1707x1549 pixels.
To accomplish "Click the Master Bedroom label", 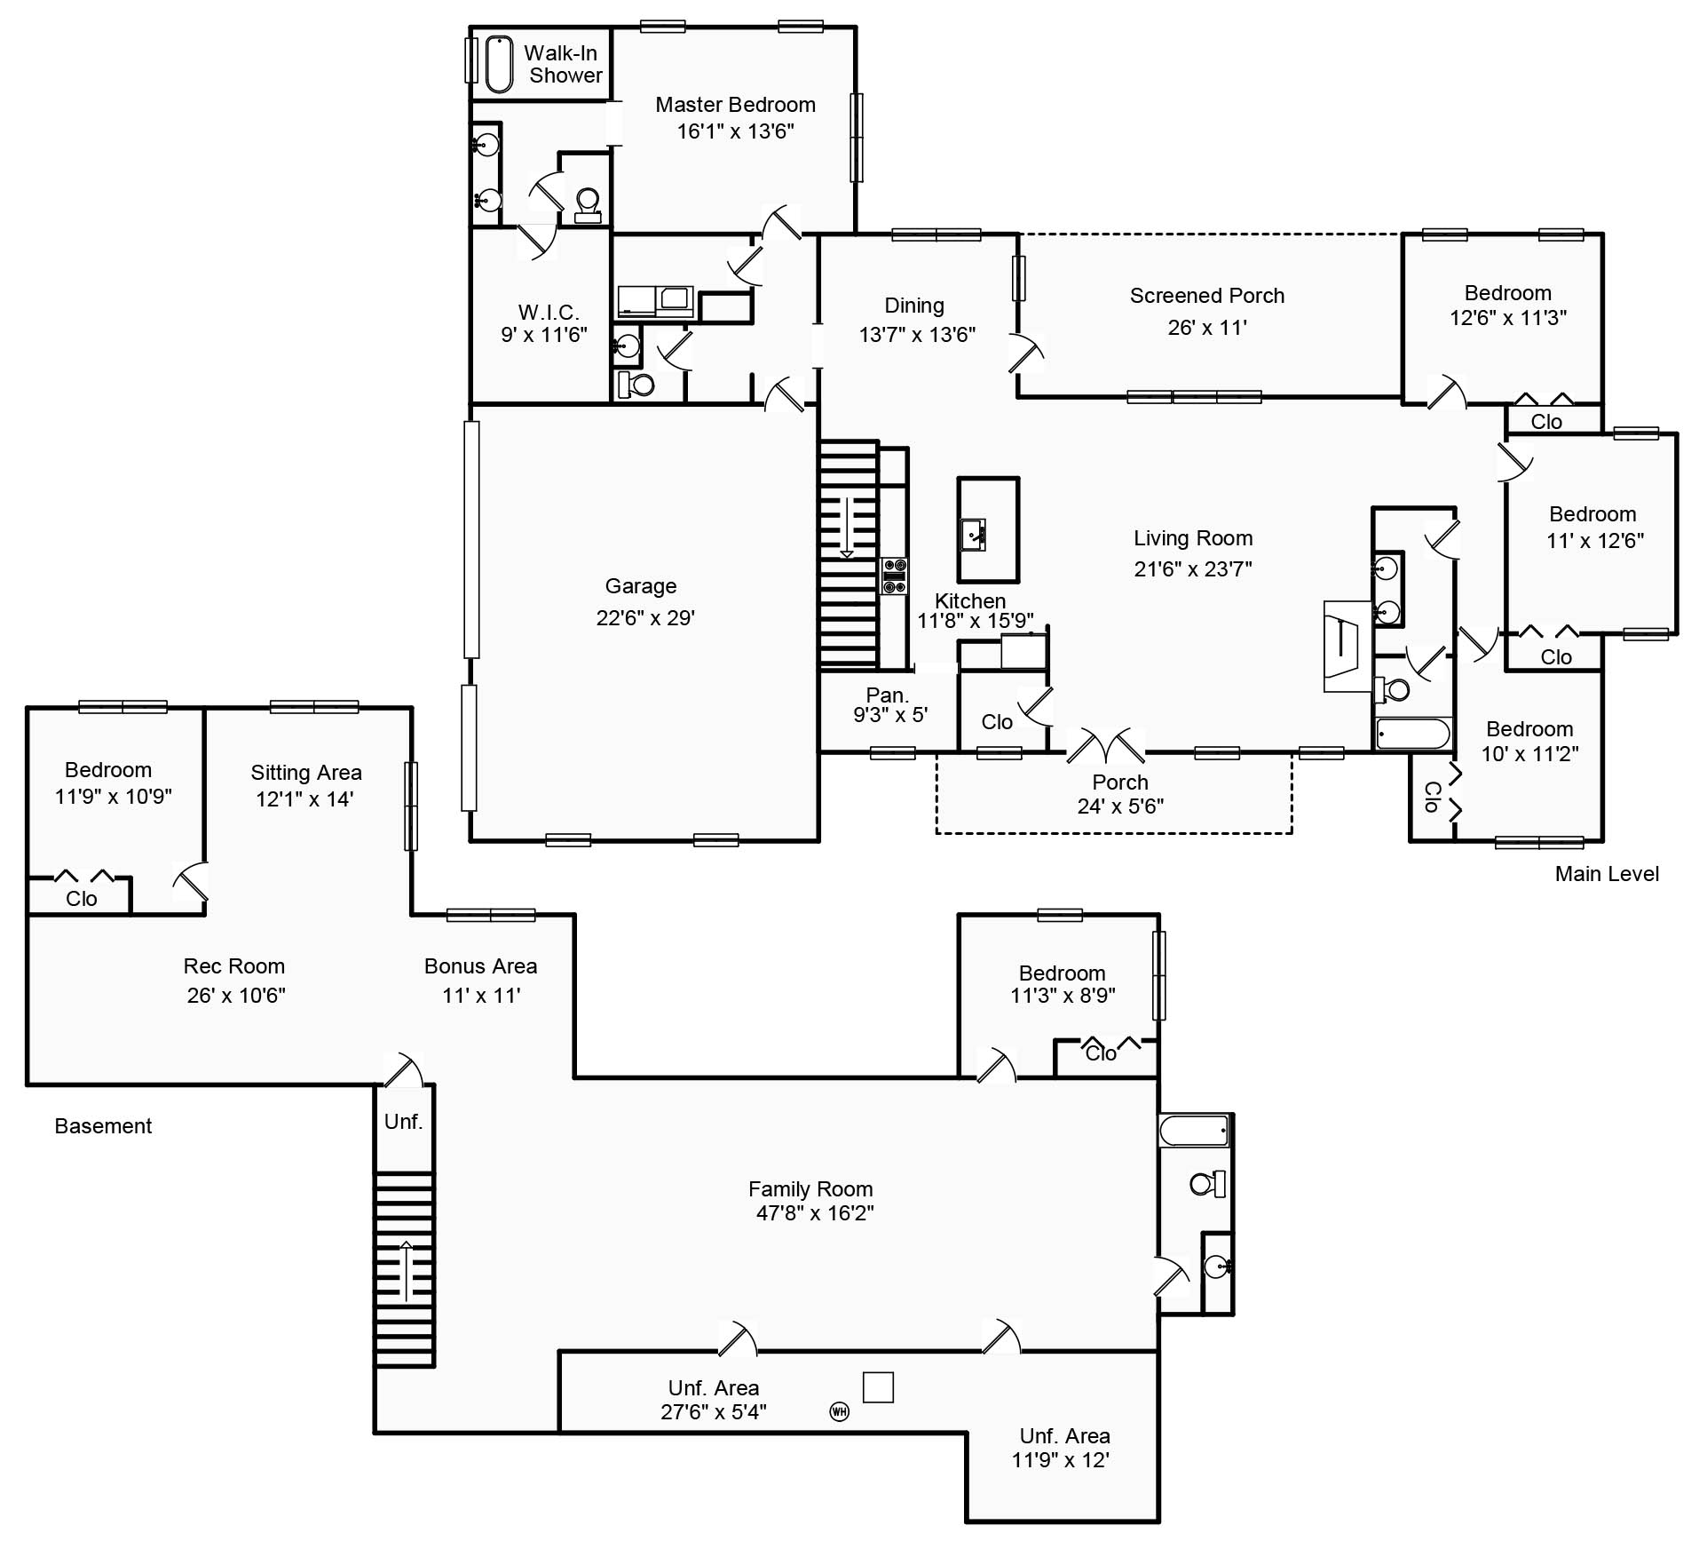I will pyautogui.click(x=735, y=105).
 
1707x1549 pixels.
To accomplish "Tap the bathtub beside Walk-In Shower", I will pyautogui.click(x=499, y=64).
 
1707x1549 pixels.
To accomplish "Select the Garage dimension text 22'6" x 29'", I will pyautogui.click(x=645, y=618).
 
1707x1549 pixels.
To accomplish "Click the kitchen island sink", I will pyautogui.click(x=973, y=536).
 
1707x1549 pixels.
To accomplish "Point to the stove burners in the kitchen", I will pyautogui.click(x=895, y=576).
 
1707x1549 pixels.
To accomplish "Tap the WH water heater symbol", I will pyautogui.click(x=839, y=1410).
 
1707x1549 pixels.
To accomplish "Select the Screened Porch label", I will pyautogui.click(x=1206, y=296).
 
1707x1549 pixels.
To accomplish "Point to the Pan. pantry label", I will pyautogui.click(x=887, y=695).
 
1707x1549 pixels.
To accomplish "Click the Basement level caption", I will pyautogui.click(x=103, y=1126).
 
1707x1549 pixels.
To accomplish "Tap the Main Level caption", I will pyautogui.click(x=1606, y=874).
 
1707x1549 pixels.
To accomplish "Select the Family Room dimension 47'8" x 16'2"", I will pyautogui.click(x=814, y=1213).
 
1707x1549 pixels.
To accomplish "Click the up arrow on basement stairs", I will pyautogui.click(x=406, y=1270).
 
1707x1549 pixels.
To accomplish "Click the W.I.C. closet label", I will pyautogui.click(x=549, y=313).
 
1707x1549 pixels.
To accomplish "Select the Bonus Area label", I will pyautogui.click(x=480, y=966).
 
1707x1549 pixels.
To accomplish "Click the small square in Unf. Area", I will pyautogui.click(x=877, y=1387).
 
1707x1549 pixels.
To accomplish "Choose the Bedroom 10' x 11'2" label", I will pyautogui.click(x=1529, y=729).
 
